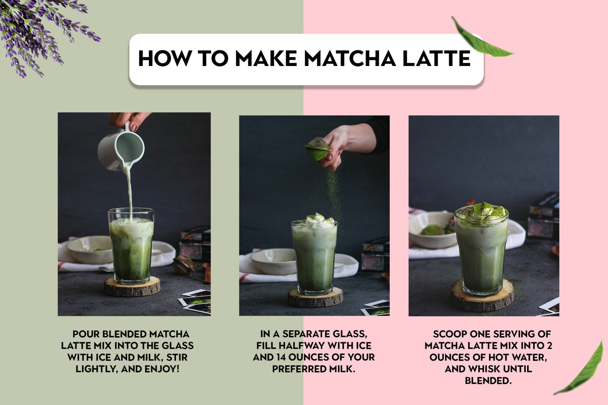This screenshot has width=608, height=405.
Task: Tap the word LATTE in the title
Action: [x=437, y=58]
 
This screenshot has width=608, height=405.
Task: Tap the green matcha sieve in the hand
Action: [x=318, y=148]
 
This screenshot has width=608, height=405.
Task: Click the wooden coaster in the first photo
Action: [x=132, y=286]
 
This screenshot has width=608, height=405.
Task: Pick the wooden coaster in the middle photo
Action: [x=315, y=297]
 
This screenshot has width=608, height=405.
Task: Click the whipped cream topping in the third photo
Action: [x=482, y=211]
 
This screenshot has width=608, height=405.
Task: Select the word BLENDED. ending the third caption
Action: [x=488, y=381]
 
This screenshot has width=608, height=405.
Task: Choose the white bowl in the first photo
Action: [x=90, y=249]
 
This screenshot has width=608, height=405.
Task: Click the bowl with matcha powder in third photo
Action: [x=433, y=230]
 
